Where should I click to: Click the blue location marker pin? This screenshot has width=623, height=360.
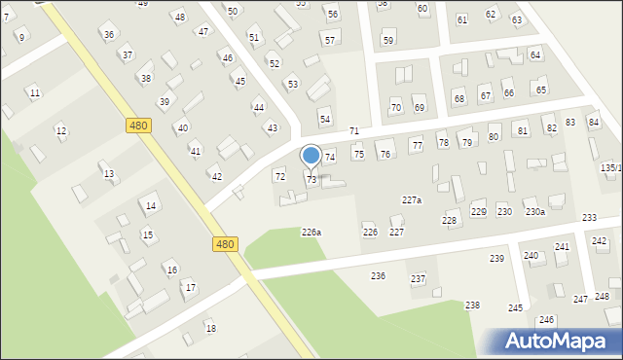tap(311, 156)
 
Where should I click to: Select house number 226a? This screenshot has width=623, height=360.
tap(311, 232)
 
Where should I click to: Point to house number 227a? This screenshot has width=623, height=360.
tap(412, 199)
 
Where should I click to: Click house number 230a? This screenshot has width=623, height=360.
tap(534, 211)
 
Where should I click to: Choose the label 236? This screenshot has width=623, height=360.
tap(378, 276)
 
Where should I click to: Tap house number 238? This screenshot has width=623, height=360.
tap(472, 306)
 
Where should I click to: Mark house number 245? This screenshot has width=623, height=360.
tap(515, 307)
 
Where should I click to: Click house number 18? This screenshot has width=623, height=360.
tap(210, 328)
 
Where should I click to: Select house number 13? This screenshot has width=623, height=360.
tap(109, 174)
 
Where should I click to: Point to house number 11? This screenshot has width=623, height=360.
tap(35, 92)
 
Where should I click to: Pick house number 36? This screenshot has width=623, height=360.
tap(108, 34)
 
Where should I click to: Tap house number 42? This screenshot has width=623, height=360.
tap(216, 176)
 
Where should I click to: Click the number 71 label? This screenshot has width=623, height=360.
tap(354, 130)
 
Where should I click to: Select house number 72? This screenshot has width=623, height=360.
tap(280, 176)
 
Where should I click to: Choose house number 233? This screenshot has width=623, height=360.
tap(589, 217)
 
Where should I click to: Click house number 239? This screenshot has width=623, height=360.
tap(496, 258)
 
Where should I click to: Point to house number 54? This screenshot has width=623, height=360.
tap(325, 119)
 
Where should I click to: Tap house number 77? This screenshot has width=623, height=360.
tap(417, 145)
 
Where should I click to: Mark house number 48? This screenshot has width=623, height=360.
tap(178, 18)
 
